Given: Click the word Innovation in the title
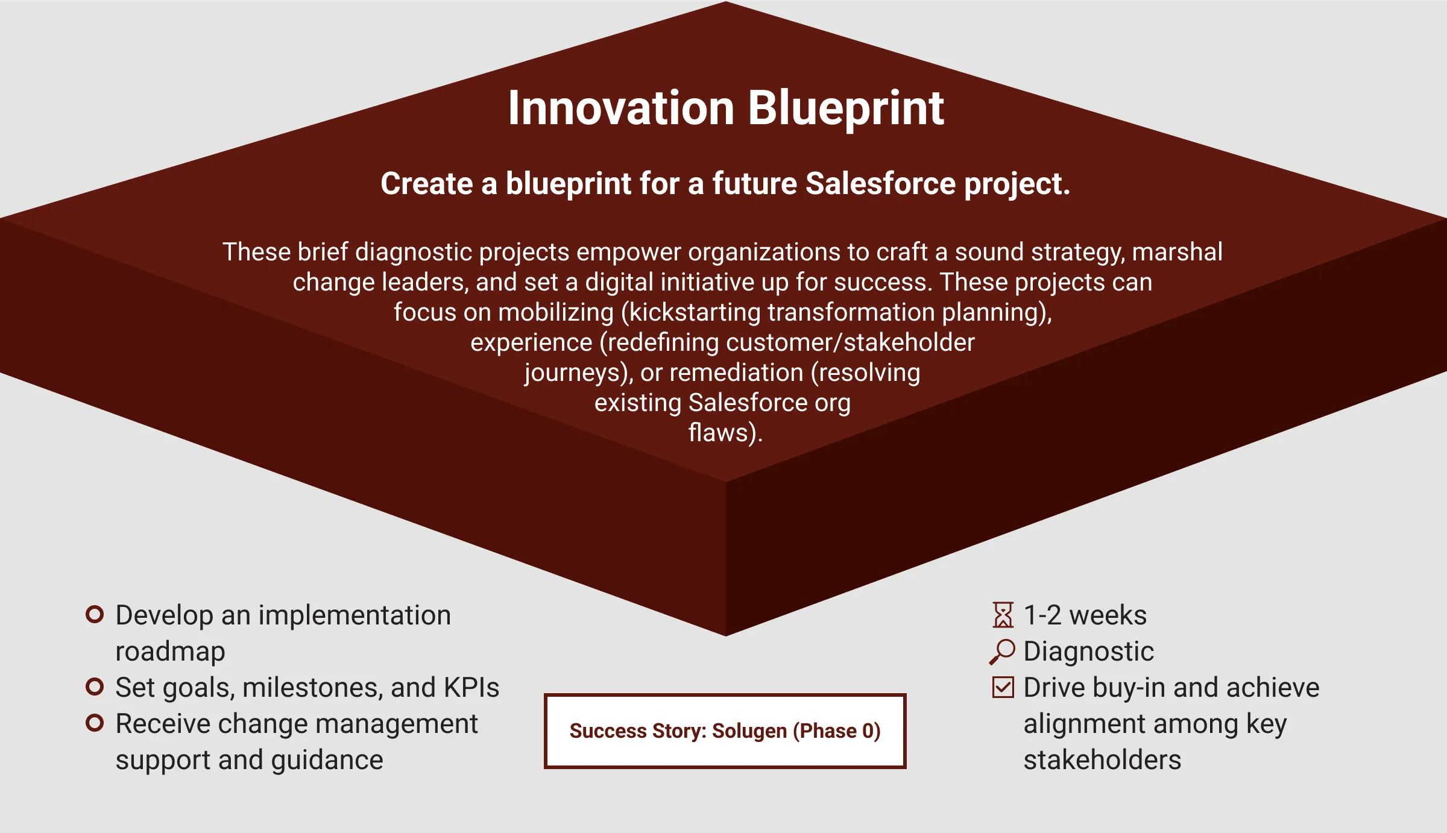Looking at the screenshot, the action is click(621, 108).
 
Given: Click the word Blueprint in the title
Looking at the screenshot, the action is click(846, 109).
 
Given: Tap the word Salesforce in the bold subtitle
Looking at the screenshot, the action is click(880, 183).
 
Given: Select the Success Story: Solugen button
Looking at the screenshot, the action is click(725, 731).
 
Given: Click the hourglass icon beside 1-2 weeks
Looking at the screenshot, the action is click(1003, 615).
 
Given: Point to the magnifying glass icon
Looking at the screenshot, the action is click(1002, 652).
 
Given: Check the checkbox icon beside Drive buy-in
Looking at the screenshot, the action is click(1003, 687).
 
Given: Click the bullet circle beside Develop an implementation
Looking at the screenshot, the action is click(95, 614).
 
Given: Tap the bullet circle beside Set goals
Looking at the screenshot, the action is click(95, 687).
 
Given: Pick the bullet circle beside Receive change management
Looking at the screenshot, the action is click(95, 723).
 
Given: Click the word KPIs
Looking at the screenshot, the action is click(471, 688).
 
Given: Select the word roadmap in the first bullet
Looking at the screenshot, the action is click(171, 652).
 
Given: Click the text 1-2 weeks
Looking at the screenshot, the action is click(1085, 615).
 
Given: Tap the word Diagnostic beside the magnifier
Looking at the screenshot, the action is click(1089, 652).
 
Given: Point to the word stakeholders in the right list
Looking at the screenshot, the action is click(1103, 760).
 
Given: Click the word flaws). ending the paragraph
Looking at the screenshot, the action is click(725, 433).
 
